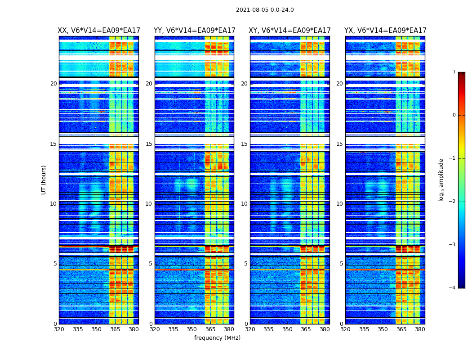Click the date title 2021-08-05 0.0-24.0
265,10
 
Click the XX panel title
99,31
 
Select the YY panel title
194,31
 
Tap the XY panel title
290,31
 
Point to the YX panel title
385,31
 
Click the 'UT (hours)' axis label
44,180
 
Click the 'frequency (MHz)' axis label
217,338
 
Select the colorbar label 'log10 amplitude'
441,180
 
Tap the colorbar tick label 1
454,72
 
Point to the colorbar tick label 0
454,115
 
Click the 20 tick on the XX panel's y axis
53,84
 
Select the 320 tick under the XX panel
59,329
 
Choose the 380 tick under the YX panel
420,329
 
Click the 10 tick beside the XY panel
244,204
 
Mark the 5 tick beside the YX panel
341,264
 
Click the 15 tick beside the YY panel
149,144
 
